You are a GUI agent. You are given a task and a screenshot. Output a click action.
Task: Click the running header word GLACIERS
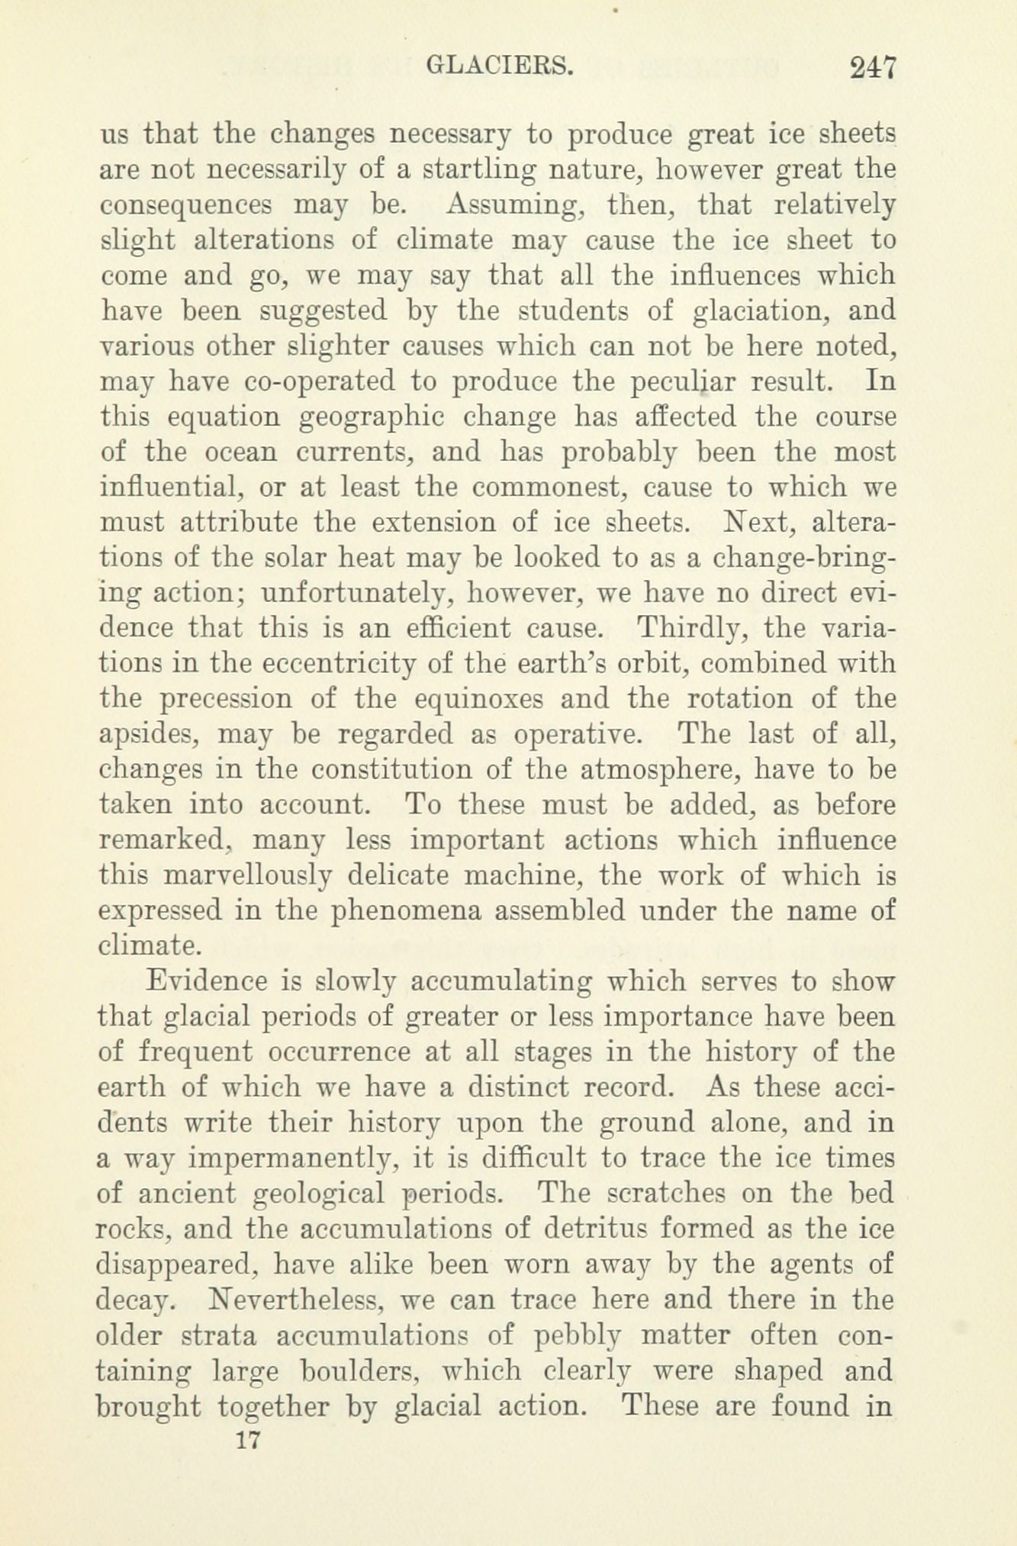pyautogui.click(x=499, y=67)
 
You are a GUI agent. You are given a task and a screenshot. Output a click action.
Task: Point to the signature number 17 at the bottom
pyautogui.click(x=249, y=1441)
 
